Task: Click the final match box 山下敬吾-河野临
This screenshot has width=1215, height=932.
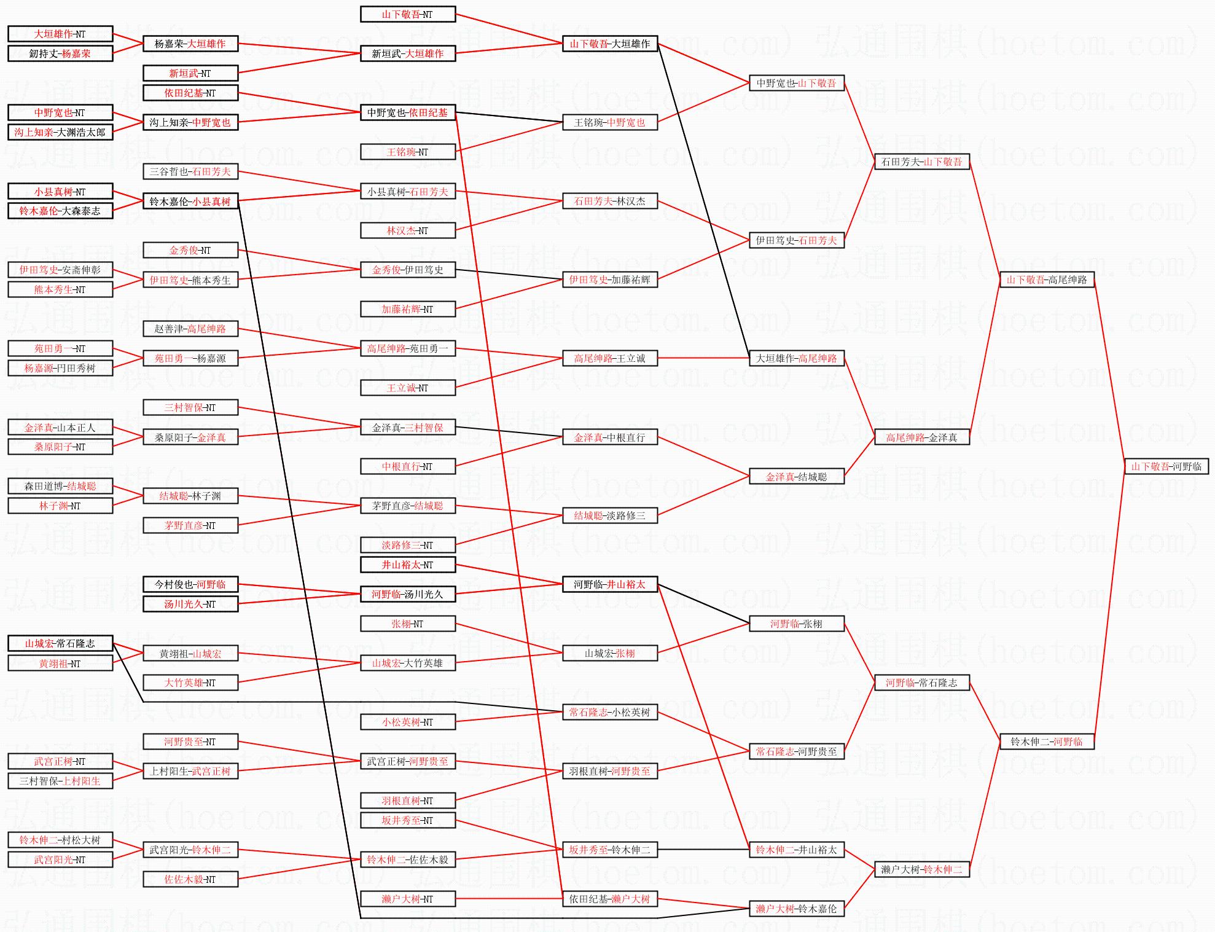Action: click(1166, 466)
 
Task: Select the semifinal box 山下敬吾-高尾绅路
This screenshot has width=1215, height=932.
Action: click(1047, 280)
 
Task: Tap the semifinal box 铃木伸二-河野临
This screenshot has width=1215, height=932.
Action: click(1047, 742)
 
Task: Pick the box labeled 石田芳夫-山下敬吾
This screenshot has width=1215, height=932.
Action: click(921, 162)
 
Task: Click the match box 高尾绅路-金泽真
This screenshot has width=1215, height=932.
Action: click(921, 437)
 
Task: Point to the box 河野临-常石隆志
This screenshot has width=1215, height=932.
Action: click(921, 683)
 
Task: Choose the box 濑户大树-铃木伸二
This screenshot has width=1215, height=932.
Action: click(921, 869)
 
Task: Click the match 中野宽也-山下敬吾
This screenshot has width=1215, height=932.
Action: click(796, 83)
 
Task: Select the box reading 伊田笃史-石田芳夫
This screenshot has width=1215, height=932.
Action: click(796, 240)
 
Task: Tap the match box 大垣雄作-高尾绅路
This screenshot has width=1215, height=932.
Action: click(796, 358)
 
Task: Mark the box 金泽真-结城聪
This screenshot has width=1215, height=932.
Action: click(796, 476)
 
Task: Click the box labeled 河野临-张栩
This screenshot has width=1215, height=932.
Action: click(796, 624)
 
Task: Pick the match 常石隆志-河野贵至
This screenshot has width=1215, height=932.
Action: click(796, 751)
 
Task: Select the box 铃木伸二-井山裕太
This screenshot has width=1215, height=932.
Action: click(796, 850)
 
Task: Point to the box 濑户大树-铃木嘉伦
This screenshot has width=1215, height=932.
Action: click(796, 909)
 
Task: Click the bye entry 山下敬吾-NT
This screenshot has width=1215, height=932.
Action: click(407, 14)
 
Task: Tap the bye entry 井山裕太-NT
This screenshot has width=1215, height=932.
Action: click(407, 565)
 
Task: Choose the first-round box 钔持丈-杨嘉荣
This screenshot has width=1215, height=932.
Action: click(60, 53)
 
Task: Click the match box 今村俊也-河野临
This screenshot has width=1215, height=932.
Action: click(190, 584)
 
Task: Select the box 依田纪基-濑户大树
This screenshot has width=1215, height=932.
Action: click(609, 899)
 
